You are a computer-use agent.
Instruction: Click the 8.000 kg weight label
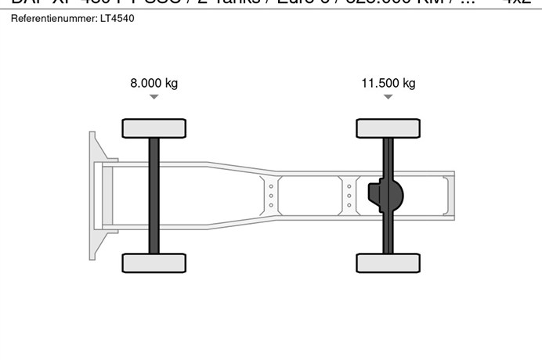(154, 83)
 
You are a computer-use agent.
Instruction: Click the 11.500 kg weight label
(388, 83)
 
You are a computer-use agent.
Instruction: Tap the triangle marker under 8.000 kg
(154, 97)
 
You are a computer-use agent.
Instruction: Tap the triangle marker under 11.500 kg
(388, 97)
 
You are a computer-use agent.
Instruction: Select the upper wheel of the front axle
(154, 128)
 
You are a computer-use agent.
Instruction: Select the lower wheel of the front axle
(154, 263)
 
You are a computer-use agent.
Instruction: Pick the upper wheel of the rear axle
(388, 128)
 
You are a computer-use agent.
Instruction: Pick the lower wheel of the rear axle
(388, 263)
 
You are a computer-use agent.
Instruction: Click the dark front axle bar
(154, 196)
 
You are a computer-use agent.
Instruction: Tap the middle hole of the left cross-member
(271, 196)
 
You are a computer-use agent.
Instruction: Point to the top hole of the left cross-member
(271, 186)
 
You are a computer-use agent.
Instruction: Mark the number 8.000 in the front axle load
(146, 83)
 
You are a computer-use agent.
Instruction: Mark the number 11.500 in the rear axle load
(378, 83)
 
